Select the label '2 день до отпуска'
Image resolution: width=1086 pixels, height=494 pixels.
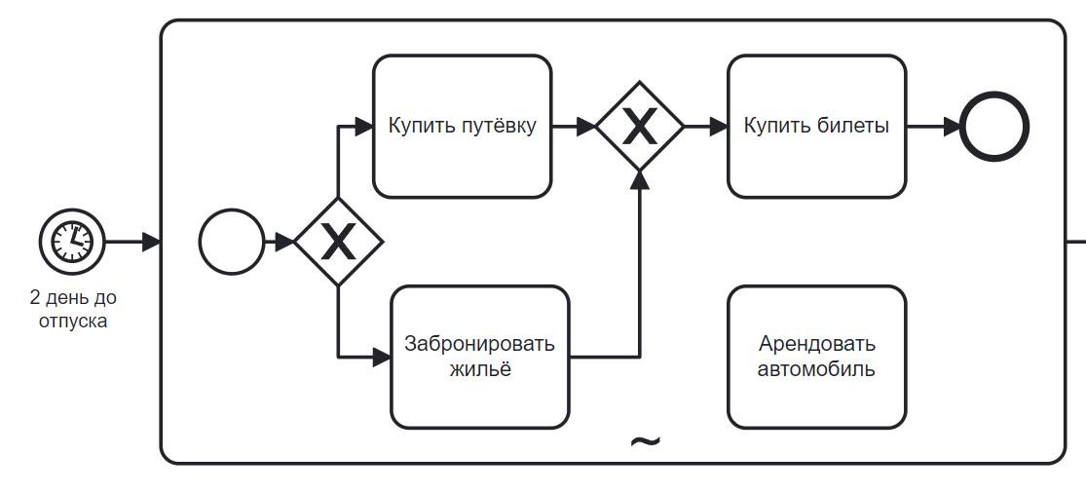pos(73,309)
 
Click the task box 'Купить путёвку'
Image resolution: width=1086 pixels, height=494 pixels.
pos(462,127)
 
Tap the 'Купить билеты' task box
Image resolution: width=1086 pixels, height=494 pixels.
pos(816,127)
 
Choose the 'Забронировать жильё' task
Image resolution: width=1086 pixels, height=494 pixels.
pos(479,357)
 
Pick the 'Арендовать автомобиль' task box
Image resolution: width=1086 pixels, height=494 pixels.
pos(816,357)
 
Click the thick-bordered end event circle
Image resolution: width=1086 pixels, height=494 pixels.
pos(993,127)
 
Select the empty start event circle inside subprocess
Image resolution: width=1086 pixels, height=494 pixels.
pos(231,242)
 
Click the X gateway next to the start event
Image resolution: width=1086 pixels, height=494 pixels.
pos(338,242)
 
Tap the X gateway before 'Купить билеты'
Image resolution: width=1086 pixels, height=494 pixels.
pos(639,127)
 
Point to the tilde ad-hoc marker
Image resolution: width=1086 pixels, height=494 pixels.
pos(645,441)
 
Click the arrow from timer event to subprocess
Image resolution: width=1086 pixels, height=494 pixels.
pos(131,242)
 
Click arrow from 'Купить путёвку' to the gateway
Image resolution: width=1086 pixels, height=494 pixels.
pos(574,127)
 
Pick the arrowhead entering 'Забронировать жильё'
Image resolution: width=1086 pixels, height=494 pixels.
pos(382,357)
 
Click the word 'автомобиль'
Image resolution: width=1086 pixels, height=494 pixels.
pos(816,369)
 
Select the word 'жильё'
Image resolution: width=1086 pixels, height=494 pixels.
pos(479,370)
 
